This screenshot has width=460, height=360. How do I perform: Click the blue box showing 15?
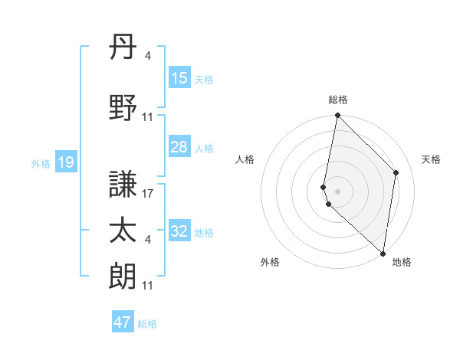179,78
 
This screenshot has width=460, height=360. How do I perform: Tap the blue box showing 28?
179,147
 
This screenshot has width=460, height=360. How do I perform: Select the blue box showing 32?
179,231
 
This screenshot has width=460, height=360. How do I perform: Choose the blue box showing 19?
65,162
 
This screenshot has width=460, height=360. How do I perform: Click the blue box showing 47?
123,322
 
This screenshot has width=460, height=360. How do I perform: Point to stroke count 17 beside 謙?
149,194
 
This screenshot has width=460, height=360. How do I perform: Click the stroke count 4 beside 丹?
147,55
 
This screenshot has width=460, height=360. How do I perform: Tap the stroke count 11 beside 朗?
149,286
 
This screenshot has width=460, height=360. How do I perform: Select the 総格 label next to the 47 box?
147,324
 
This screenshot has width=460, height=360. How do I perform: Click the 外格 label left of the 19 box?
41,163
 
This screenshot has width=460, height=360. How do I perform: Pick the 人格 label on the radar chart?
245,159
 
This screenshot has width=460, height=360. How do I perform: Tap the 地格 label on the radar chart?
402,262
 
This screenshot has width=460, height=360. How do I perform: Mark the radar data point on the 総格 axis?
337,116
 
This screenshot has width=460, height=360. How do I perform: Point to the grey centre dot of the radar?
337,191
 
